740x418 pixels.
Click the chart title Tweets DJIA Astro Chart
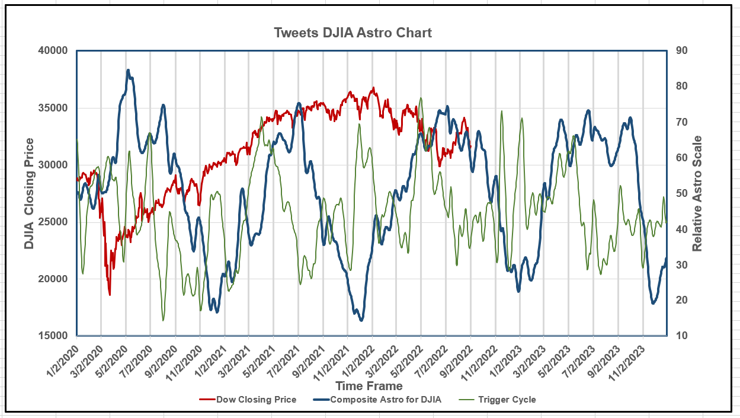[353, 33]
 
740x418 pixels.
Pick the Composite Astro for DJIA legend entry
[386, 400]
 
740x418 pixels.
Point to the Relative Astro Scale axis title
[698, 193]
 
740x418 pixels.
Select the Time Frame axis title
[369, 386]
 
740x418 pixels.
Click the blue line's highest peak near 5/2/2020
[128, 70]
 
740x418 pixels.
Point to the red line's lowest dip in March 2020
[110, 295]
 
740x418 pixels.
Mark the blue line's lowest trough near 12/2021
[361, 320]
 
